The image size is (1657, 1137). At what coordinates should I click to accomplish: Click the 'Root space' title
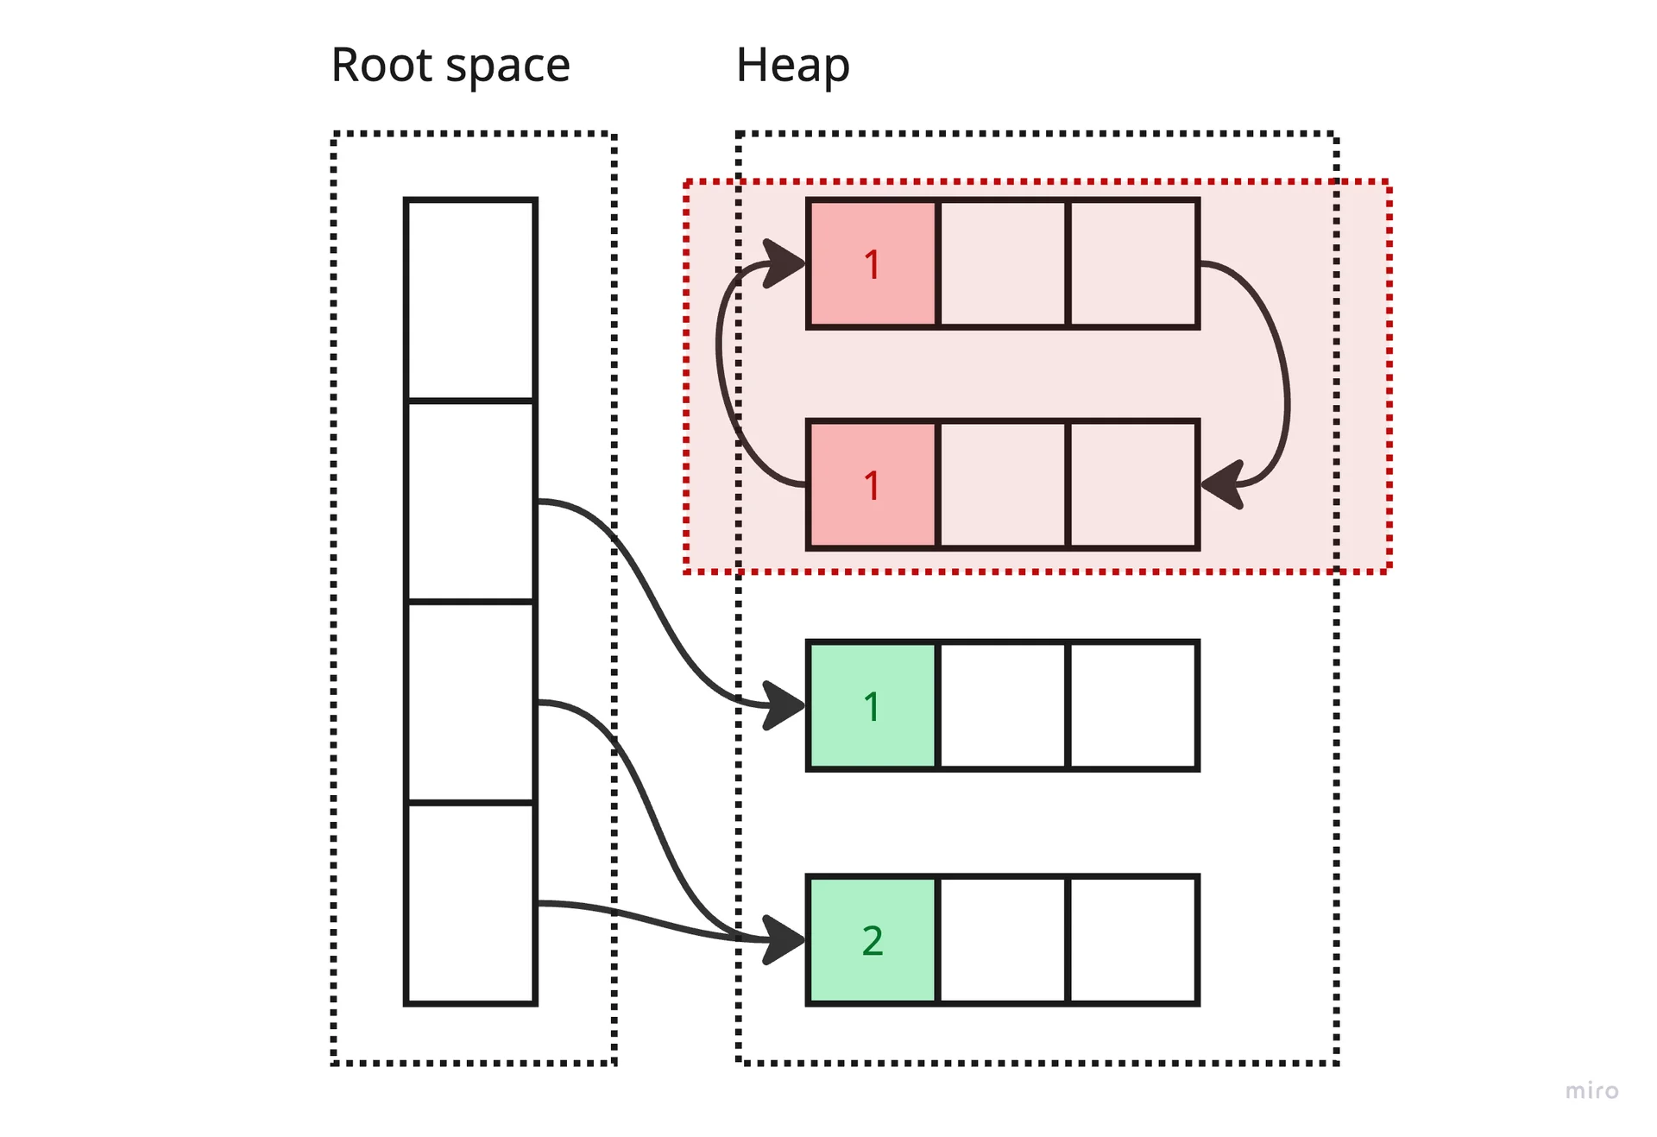[450, 66]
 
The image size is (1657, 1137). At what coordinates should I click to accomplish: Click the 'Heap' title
[792, 66]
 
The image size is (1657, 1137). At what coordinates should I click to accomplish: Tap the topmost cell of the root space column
[470, 300]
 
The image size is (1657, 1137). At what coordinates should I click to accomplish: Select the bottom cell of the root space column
[470, 903]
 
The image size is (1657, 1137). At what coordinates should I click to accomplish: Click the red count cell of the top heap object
[873, 264]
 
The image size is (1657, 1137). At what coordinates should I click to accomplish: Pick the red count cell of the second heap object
[873, 485]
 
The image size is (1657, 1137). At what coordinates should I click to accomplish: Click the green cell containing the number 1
[873, 706]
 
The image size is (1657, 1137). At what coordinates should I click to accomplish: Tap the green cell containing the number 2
[873, 940]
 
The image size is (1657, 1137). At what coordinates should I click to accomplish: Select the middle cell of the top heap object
[1003, 264]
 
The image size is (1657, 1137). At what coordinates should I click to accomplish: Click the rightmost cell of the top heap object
[1133, 264]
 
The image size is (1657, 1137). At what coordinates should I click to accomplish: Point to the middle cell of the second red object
[1003, 485]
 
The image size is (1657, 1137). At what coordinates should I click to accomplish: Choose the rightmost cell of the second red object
[1133, 485]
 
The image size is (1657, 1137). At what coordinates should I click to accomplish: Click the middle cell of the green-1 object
[1003, 706]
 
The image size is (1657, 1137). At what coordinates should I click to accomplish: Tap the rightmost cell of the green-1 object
[1133, 706]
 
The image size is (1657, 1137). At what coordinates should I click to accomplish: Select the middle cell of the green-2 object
[1003, 940]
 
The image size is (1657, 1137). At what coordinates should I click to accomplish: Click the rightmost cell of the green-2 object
[1133, 940]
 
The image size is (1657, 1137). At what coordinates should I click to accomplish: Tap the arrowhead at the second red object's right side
[1222, 485]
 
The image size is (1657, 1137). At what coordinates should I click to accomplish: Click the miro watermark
[1591, 1090]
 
